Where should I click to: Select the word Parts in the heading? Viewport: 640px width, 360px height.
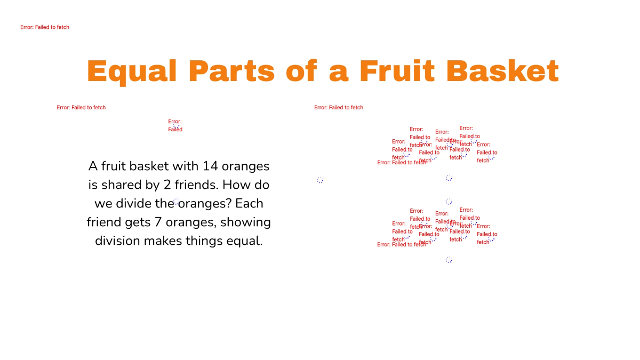(x=231, y=71)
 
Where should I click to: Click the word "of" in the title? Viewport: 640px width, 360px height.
(x=302, y=71)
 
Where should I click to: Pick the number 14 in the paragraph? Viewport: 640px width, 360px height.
(x=211, y=166)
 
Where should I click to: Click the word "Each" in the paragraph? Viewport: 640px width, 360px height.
(x=249, y=204)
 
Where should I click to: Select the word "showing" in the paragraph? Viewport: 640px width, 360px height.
(x=245, y=222)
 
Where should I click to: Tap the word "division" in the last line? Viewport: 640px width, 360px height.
(x=117, y=241)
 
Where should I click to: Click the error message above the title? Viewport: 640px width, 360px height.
(x=45, y=27)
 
